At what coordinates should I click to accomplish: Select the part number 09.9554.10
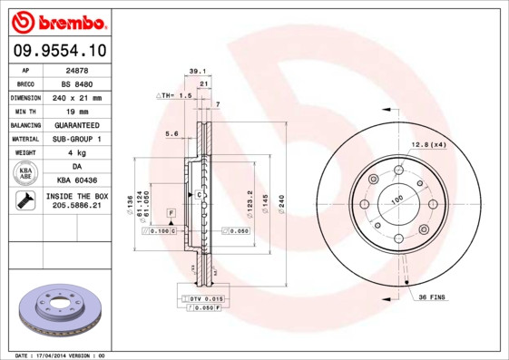coord(57,51)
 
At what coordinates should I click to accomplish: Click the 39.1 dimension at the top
coord(197,70)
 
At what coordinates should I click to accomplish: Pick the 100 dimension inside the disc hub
coord(396,199)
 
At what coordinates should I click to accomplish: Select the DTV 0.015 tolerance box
coord(205,298)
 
